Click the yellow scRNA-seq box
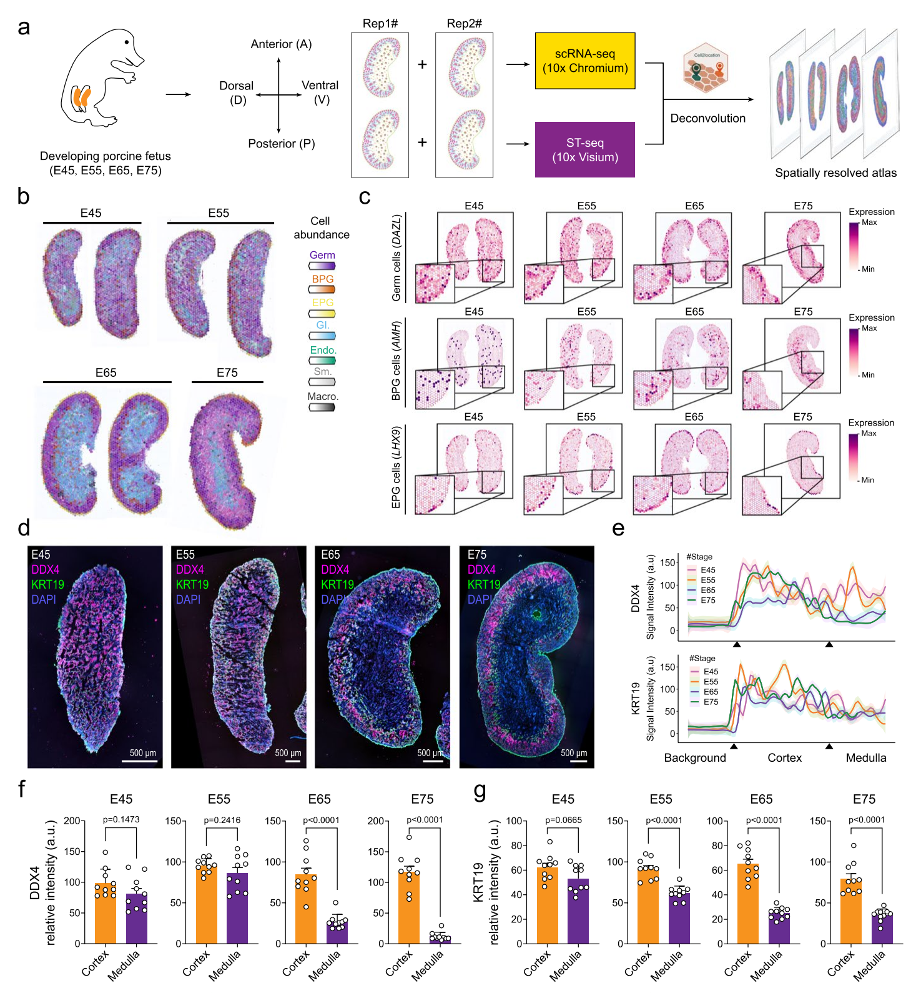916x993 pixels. pyautogui.click(x=585, y=61)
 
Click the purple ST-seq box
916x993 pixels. pyautogui.click(x=585, y=150)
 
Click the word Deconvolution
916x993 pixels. pyautogui.click(x=707, y=118)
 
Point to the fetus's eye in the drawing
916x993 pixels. pyautogui.click(x=127, y=42)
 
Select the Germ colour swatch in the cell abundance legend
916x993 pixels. pyautogui.click(x=322, y=266)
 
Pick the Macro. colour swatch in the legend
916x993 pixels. pyautogui.click(x=322, y=407)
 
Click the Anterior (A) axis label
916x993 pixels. pyautogui.click(x=281, y=44)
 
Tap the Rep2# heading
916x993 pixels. pyautogui.click(x=464, y=24)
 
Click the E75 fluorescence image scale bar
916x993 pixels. pyautogui.click(x=579, y=761)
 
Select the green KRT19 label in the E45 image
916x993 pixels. pyautogui.click(x=47, y=584)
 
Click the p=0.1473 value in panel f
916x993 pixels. pyautogui.click(x=121, y=819)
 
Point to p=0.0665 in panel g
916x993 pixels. pyautogui.click(x=563, y=820)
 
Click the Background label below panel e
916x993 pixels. pyautogui.click(x=695, y=758)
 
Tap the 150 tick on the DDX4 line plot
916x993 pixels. pyautogui.click(x=668, y=562)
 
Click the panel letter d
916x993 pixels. pyautogui.click(x=24, y=528)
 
